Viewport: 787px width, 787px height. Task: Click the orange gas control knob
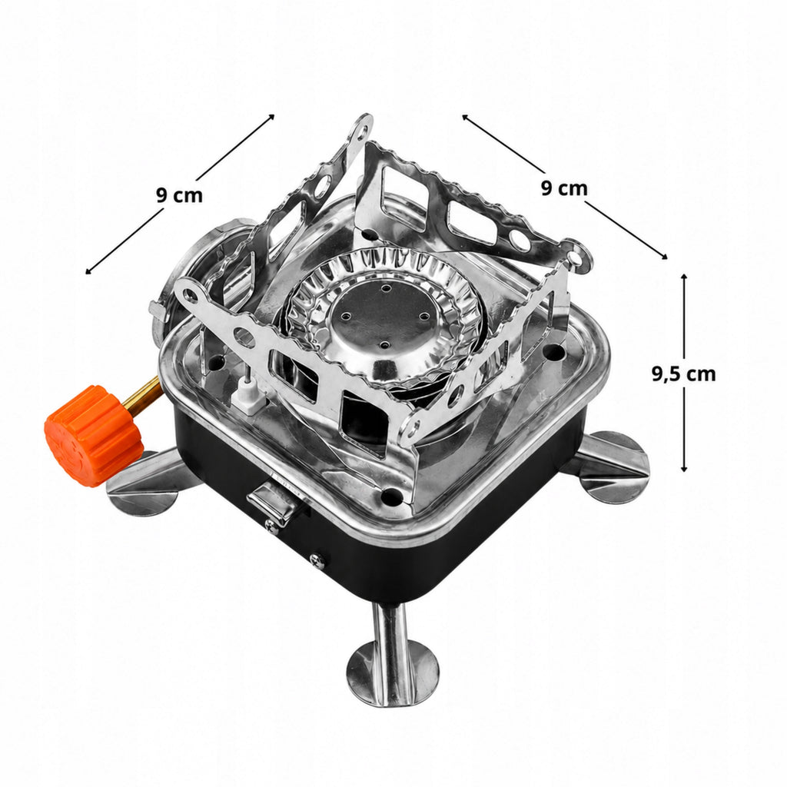pos(94,435)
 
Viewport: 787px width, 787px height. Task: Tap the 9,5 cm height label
pos(683,374)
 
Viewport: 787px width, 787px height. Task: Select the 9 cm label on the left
pos(179,194)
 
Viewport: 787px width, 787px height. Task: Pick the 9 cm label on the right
pos(563,188)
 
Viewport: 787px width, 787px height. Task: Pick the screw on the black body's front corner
pos(317,560)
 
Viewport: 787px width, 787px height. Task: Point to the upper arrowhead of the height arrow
pos(683,277)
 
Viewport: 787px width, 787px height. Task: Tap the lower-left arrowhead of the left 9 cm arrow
pos(88,271)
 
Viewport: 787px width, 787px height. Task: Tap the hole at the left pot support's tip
pos(189,294)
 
